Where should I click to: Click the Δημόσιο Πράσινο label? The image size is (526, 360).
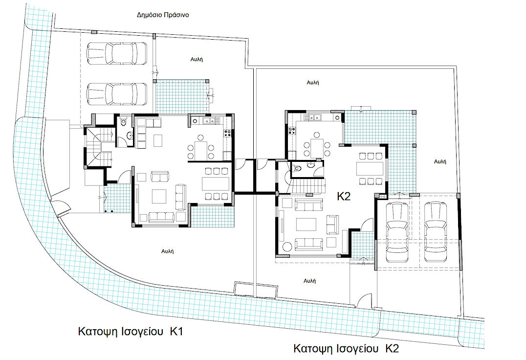click(x=163, y=15)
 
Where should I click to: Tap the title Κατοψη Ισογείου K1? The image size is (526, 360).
click(x=131, y=332)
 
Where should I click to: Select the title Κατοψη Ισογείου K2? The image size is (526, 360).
click(x=346, y=349)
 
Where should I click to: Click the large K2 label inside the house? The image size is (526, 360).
click(x=344, y=196)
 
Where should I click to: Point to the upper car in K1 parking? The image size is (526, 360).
click(x=117, y=53)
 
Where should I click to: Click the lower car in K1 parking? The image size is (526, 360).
click(x=117, y=93)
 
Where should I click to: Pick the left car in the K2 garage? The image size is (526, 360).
click(x=397, y=232)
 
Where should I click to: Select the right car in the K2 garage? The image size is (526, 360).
click(x=436, y=232)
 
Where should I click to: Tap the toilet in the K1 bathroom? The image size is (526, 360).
click(x=123, y=121)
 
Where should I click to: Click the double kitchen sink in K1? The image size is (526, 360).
click(x=208, y=121)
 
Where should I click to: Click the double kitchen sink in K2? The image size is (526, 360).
click(x=315, y=117)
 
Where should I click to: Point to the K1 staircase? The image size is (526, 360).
click(x=98, y=147)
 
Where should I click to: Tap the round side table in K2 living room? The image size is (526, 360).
click(x=287, y=247)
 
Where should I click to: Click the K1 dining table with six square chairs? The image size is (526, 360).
click(x=216, y=183)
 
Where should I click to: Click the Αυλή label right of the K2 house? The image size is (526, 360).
click(x=440, y=161)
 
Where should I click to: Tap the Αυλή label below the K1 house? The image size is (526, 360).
click(x=167, y=251)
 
